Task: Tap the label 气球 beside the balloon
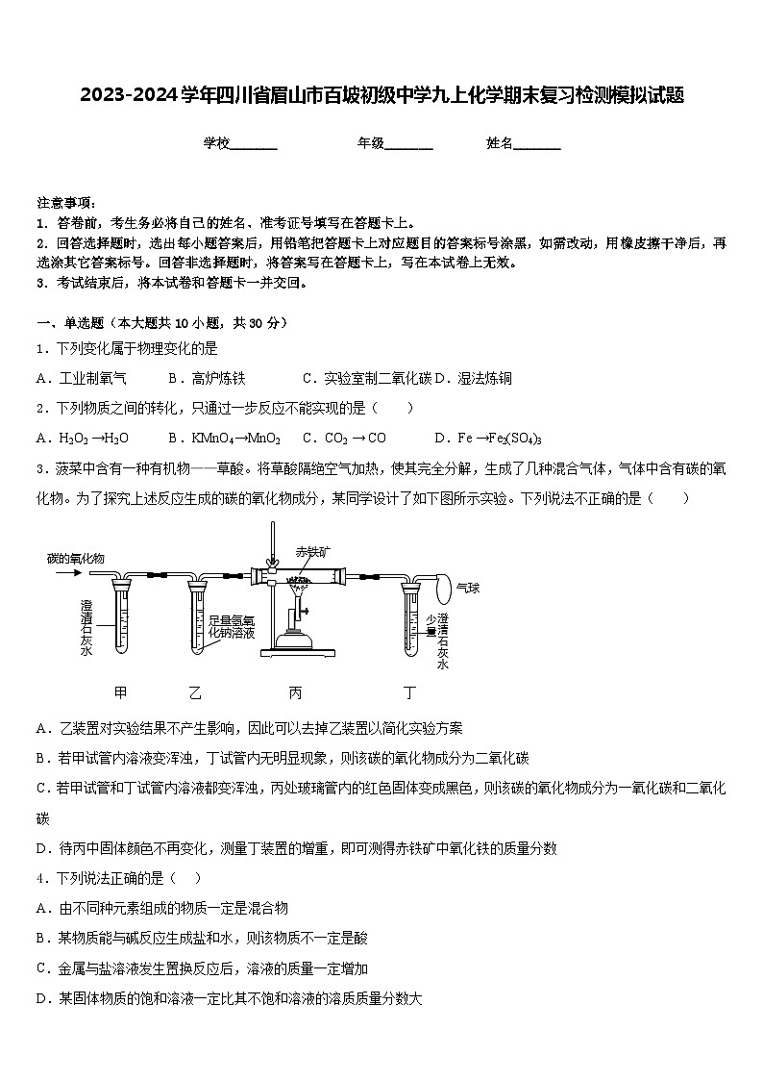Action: [x=468, y=587]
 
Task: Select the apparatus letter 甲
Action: [x=120, y=691]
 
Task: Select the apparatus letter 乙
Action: [x=196, y=691]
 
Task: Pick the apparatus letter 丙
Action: [x=295, y=691]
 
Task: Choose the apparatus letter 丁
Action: [x=410, y=691]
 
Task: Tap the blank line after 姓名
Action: [x=537, y=144]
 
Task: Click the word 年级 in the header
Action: [x=371, y=143]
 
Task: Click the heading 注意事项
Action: [x=65, y=203]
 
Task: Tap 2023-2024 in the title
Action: [x=121, y=96]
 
